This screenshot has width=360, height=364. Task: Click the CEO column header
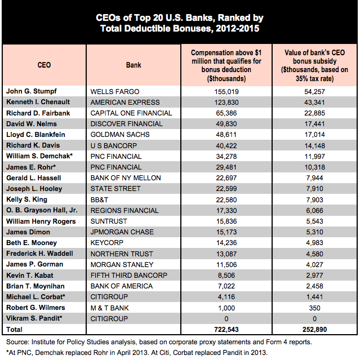pyautogui.click(x=44, y=65)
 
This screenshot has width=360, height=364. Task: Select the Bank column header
pyautogui.click(x=134, y=65)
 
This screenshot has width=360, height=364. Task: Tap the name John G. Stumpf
pyautogui.click(x=32, y=91)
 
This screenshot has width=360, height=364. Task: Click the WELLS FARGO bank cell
pyautogui.click(x=115, y=92)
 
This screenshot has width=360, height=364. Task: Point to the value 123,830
pyautogui.click(x=226, y=103)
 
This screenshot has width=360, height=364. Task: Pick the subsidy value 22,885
pyautogui.click(x=314, y=113)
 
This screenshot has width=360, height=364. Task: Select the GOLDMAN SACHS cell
pyautogui.click(x=120, y=135)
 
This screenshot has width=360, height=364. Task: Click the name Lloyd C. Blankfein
pyautogui.click(x=35, y=135)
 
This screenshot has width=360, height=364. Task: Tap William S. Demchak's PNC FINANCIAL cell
pyautogui.click(x=116, y=157)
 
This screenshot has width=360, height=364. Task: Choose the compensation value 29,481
pyautogui.click(x=226, y=167)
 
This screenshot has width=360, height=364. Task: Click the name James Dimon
pyautogui.click(x=28, y=232)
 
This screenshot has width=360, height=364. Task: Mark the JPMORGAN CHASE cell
pyautogui.click(x=122, y=232)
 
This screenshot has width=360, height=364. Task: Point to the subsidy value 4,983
pyautogui.click(x=314, y=243)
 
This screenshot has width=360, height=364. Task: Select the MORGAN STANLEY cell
pyautogui.click(x=122, y=265)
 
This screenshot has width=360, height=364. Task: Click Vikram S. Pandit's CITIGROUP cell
pyautogui.click(x=109, y=319)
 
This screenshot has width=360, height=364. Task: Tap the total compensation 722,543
pyautogui.click(x=226, y=330)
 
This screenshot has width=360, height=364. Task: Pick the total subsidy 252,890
pyautogui.click(x=314, y=330)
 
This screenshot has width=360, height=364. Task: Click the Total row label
pyautogui.click(x=14, y=330)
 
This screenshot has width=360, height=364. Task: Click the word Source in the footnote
pyautogui.click(x=17, y=342)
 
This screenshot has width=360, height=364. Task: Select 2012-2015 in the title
pyautogui.click(x=237, y=28)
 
